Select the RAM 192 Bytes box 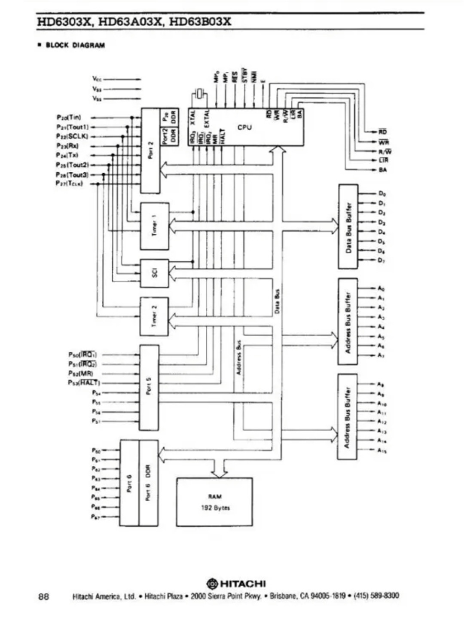tap(214, 502)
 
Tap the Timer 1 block tap(155, 226)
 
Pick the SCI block tap(155, 273)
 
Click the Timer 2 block tap(154, 316)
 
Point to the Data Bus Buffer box tap(348, 226)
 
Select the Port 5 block tap(149, 387)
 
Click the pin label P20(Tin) tap(68, 117)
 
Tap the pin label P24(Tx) tap(67, 155)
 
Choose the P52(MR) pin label tap(80, 373)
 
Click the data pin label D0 tap(382, 194)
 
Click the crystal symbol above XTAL tap(199, 93)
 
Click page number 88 tap(43, 596)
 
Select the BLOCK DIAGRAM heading tap(75, 45)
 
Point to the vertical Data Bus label tap(277, 301)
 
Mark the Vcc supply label tap(97, 79)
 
